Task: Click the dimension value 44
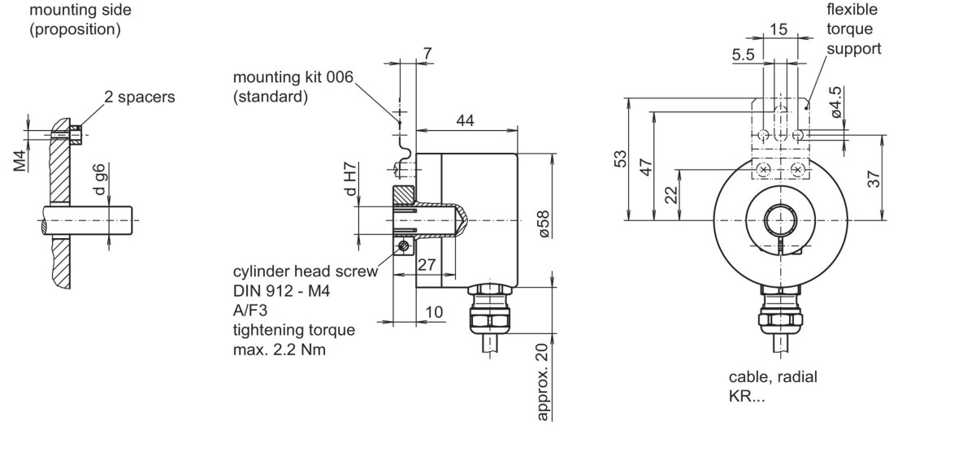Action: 465,121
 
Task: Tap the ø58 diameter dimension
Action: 543,224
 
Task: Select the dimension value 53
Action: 620,159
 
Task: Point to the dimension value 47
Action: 645,167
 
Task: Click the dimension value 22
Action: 671,195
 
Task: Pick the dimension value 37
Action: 874,178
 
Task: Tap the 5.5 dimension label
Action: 744,55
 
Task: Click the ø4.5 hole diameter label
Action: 835,102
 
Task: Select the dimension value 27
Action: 426,265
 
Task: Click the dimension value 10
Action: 434,311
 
